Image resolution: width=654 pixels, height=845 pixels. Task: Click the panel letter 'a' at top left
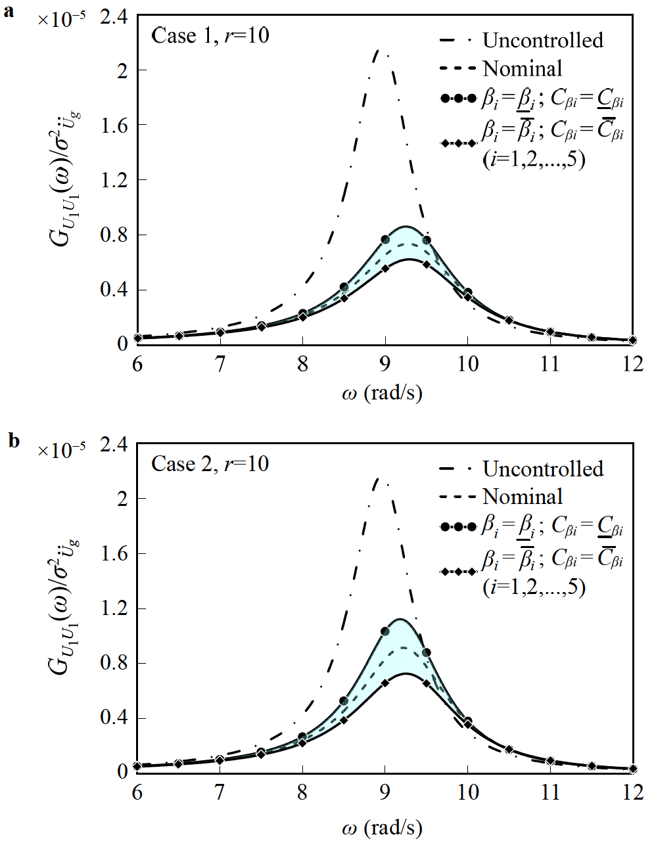point(9,11)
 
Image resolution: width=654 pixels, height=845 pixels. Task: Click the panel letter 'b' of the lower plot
point(14,440)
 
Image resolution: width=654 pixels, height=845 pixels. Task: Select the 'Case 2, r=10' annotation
point(210,463)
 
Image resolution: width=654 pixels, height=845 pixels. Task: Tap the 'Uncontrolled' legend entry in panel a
point(542,40)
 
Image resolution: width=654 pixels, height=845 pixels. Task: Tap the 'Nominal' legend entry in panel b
point(523,497)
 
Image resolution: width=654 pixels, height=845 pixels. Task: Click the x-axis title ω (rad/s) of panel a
point(382,394)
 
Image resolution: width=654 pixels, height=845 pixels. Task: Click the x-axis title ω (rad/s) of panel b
point(382,827)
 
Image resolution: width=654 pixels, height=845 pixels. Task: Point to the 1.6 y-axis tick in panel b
point(114,553)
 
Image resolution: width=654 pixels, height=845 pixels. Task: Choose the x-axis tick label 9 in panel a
point(385,365)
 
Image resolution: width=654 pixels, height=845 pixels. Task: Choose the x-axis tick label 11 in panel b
point(550,792)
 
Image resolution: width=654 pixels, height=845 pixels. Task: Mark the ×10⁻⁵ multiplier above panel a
point(61,20)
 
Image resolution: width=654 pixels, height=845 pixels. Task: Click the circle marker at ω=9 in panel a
point(385,240)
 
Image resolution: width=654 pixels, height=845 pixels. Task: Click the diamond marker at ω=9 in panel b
point(385,683)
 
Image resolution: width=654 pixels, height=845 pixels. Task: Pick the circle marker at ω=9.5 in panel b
point(427,652)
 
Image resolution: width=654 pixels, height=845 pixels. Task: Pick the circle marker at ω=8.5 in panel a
point(344,287)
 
